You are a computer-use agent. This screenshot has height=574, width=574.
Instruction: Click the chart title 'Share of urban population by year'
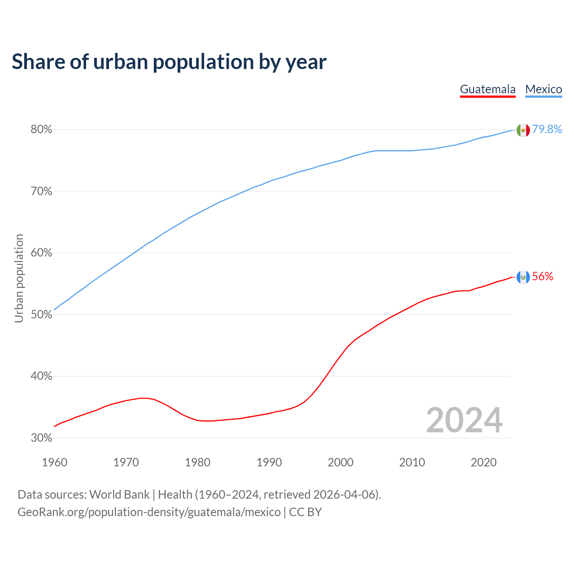coord(169,62)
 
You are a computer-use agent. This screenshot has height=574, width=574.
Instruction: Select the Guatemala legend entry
coord(487,89)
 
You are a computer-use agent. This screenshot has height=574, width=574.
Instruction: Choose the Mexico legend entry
coord(544,89)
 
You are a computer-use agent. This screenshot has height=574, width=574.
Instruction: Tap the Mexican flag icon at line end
coord(523,130)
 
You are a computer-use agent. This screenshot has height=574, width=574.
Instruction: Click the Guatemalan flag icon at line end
coord(523,277)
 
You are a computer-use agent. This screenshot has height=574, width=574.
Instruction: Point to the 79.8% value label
coord(547,130)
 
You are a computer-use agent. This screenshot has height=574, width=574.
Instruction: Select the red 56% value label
coord(543,277)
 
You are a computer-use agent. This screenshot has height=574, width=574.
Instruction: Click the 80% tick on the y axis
coord(42,130)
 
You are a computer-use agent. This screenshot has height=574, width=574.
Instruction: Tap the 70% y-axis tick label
coord(42,191)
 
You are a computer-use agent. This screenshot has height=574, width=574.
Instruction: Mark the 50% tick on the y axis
coord(42,315)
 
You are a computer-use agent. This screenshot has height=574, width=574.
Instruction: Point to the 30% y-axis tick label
coord(42,438)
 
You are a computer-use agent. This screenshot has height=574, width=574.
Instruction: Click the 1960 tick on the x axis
coord(54,462)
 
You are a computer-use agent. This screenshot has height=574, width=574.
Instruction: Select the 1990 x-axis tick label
coord(269,462)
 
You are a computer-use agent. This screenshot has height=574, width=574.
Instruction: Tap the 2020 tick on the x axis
coord(483,462)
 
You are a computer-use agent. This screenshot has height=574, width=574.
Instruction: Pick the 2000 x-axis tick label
coord(340,462)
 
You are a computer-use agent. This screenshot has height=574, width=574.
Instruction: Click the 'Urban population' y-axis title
coord(19,278)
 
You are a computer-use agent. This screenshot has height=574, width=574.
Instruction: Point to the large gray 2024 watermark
coord(464,420)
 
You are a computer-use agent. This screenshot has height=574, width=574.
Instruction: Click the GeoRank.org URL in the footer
coord(149,512)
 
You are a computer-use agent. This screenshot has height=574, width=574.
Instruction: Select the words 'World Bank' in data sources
coord(119,495)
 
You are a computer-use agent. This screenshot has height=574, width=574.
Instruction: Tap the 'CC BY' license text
coord(305,512)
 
